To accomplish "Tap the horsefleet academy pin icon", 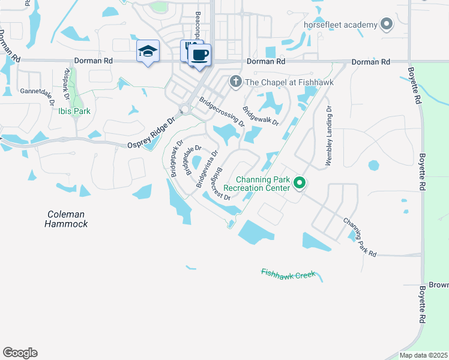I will [x=387, y=25].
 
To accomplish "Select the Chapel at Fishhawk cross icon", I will [x=236, y=82].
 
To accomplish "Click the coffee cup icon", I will [x=199, y=55].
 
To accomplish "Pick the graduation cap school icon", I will [x=147, y=52].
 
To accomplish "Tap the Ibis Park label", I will [x=74, y=110].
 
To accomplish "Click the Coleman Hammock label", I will [x=66, y=219].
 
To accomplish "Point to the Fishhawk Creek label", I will [x=288, y=274].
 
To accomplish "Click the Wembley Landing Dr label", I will [x=329, y=136].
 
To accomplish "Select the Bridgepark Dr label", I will [x=176, y=158].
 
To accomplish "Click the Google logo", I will [x=20, y=353].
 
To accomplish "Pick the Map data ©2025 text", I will [x=423, y=355].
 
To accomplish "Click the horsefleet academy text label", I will [x=340, y=25].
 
